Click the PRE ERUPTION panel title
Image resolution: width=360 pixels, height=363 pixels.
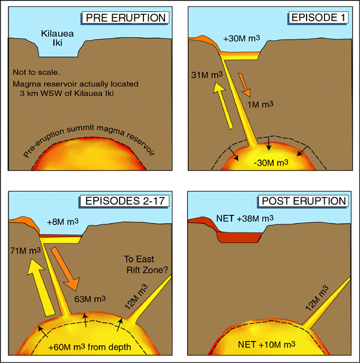click(x=125, y=17)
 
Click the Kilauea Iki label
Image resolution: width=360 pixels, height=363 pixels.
click(x=58, y=40)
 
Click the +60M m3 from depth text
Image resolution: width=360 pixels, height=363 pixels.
click(x=90, y=347)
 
